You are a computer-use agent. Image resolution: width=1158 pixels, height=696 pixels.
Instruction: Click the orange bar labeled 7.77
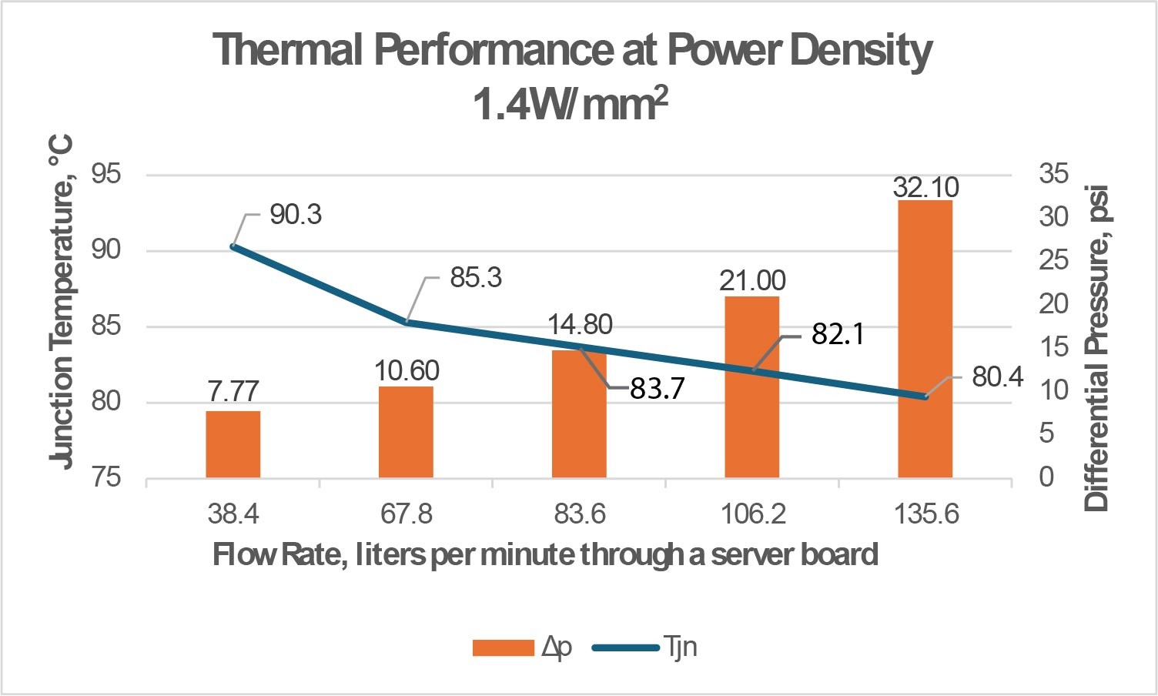(x=233, y=444)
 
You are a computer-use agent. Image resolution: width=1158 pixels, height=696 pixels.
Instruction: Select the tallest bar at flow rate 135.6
(x=925, y=339)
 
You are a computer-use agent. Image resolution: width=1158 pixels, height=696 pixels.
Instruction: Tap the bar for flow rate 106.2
(x=751, y=400)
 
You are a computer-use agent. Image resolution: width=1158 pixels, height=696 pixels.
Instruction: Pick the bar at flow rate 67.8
(x=406, y=432)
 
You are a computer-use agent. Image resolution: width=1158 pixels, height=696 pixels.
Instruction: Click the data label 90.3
(x=296, y=215)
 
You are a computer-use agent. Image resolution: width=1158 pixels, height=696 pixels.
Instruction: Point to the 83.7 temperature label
(x=657, y=389)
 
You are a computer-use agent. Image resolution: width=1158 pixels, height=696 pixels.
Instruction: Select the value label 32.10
(x=925, y=187)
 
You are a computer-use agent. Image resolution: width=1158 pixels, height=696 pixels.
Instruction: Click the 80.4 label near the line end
(x=997, y=377)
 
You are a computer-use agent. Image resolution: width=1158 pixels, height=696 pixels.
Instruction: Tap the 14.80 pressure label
(x=580, y=325)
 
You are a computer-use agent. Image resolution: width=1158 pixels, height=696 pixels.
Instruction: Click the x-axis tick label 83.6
(x=579, y=514)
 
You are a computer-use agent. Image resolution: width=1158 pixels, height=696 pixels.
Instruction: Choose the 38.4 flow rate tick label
(x=233, y=514)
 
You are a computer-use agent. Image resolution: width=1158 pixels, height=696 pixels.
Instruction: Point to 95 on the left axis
(x=106, y=174)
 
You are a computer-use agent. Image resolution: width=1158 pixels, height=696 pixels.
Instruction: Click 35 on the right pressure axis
(x=1053, y=174)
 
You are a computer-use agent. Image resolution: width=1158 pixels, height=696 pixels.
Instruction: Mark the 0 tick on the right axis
(x=1046, y=477)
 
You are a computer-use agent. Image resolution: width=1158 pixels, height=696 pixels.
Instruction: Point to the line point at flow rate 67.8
(x=407, y=322)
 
